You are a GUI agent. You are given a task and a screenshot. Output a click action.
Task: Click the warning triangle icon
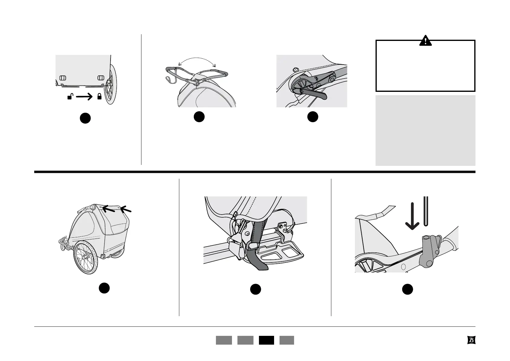tap(425, 41)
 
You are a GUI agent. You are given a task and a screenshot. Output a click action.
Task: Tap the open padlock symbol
tap(70, 97)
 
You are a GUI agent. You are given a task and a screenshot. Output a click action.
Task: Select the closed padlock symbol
tap(99, 97)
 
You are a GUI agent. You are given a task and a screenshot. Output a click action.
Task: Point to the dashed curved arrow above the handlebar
tap(197, 60)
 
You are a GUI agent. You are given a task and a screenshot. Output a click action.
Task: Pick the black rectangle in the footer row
tap(267, 340)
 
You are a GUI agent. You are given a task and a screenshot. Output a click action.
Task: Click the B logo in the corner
tap(471, 340)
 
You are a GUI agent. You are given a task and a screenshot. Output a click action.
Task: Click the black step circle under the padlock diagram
tap(85, 118)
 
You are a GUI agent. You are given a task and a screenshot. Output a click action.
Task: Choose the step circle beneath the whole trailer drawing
tap(104, 288)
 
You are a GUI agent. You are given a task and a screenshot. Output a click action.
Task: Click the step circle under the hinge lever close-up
tap(313, 117)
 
